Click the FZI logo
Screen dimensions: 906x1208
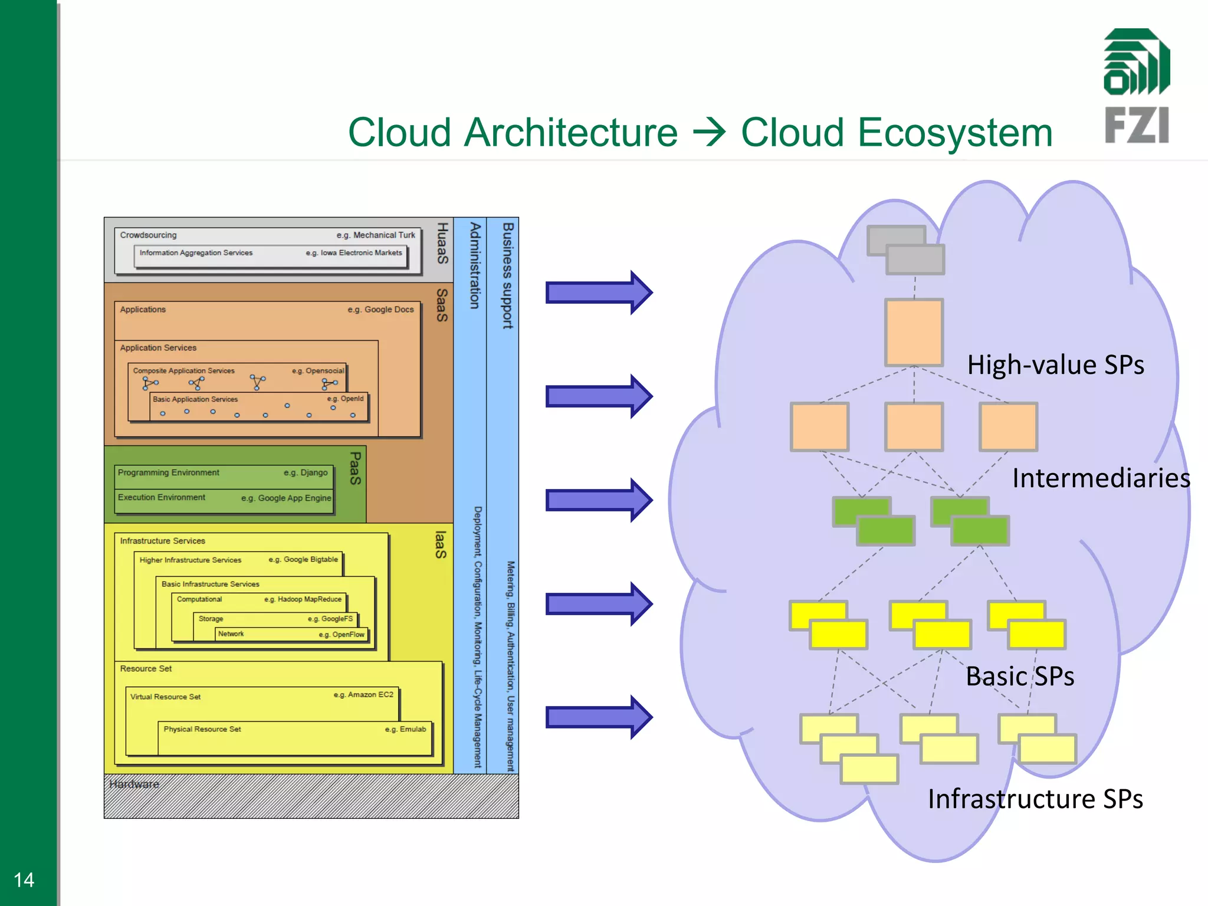(1137, 86)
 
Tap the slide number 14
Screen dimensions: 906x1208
(24, 879)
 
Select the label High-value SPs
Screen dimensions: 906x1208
(1055, 365)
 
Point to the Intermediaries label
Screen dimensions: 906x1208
(1101, 478)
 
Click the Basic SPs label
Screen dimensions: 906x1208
(1019, 676)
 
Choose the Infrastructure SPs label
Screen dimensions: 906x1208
(1035, 799)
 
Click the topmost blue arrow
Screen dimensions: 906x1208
(598, 293)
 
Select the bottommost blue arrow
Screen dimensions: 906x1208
(598, 717)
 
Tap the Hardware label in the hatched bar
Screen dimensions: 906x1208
(134, 784)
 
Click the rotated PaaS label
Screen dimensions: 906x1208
(355, 468)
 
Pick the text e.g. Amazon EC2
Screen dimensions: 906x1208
(363, 695)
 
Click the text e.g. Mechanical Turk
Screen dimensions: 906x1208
(376, 235)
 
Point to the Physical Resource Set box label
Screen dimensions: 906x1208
(202, 729)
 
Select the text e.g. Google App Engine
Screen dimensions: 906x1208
(286, 498)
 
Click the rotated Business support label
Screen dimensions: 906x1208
(508, 275)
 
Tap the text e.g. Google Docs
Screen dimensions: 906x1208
(380, 309)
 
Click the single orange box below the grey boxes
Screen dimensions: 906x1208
(914, 332)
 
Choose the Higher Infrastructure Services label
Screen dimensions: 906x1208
(190, 560)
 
